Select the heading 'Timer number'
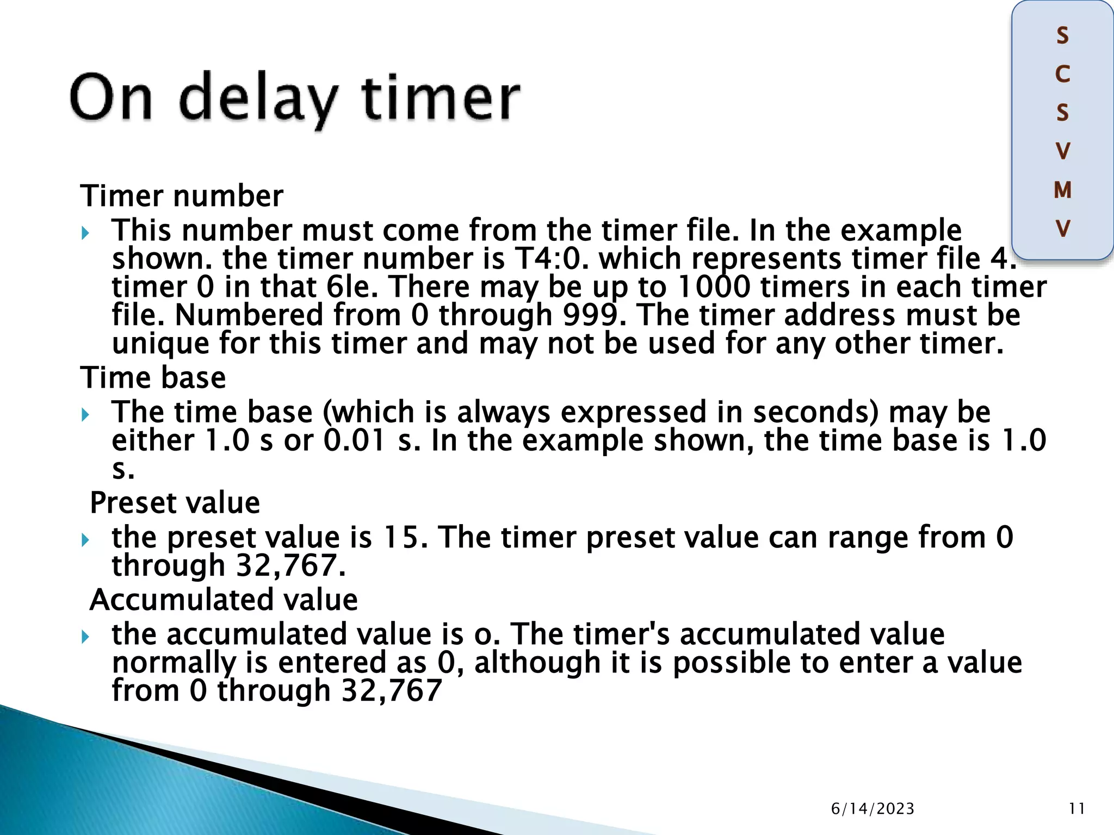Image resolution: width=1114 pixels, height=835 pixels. [x=182, y=196]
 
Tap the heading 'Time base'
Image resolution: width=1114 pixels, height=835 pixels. [x=153, y=377]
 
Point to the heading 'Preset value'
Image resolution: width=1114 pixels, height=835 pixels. [x=175, y=502]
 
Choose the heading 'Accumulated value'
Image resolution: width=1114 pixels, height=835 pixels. [x=224, y=600]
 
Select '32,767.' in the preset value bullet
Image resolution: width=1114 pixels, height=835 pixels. [x=290, y=565]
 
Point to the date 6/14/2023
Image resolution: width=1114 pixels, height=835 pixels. [x=872, y=809]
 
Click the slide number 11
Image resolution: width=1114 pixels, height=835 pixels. [x=1076, y=809]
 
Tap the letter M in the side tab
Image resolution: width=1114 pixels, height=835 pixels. [x=1062, y=190]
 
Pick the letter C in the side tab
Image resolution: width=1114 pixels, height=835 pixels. [x=1062, y=74]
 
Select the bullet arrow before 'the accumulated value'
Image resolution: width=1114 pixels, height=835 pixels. [x=85, y=637]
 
